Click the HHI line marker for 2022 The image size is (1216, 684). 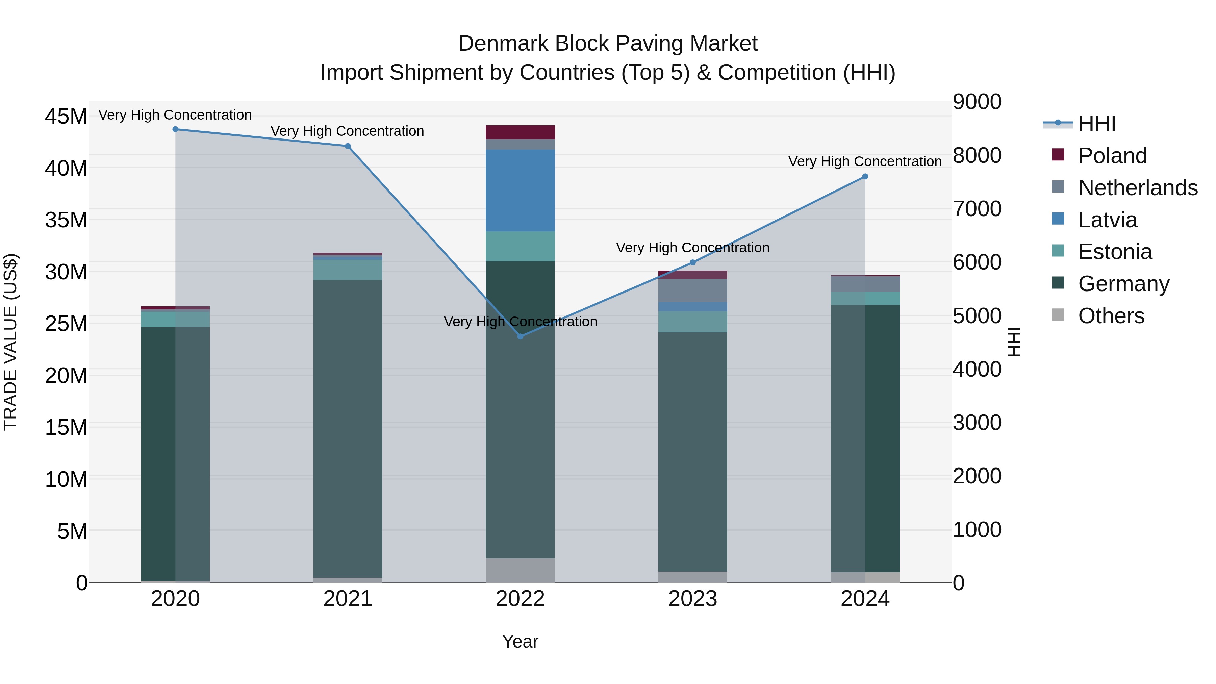pos(520,336)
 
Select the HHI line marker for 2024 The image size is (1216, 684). pos(865,177)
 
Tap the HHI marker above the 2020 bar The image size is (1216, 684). pos(175,129)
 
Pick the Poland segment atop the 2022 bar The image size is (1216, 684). pos(520,132)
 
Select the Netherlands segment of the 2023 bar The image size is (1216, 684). pos(692,290)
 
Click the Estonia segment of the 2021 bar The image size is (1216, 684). pos(348,270)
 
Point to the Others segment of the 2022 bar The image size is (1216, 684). pos(520,570)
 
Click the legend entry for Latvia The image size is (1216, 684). pos(1108,220)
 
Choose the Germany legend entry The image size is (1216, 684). pos(1123,284)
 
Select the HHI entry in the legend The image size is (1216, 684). pos(1096,124)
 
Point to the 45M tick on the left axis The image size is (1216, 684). pos(66,117)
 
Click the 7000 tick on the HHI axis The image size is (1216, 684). pos(977,209)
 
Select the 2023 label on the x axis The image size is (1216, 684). pos(692,599)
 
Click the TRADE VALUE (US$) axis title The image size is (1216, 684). pos(11,342)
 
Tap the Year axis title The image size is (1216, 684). pos(520,641)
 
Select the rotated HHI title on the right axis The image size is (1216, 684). pos(1014,342)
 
